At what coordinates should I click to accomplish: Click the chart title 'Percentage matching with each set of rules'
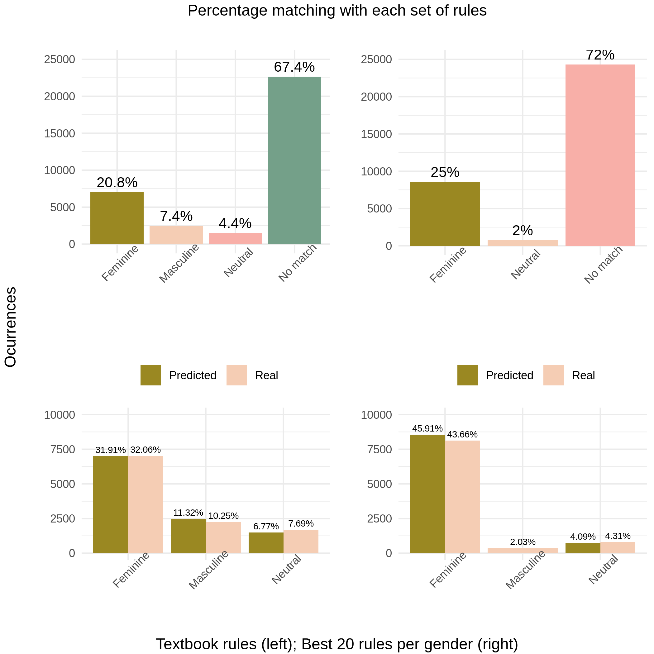(337, 11)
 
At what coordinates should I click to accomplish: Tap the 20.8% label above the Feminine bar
(117, 183)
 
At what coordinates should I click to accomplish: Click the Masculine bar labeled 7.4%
(176, 235)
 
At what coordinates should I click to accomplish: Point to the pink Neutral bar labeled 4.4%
(235, 238)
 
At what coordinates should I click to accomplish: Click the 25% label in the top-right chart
(445, 173)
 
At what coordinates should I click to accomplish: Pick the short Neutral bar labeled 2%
(522, 243)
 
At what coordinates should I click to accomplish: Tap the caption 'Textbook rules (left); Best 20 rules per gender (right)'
(337, 644)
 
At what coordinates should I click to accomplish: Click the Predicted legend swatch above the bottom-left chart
(150, 375)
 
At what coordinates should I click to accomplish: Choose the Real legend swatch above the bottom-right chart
(553, 375)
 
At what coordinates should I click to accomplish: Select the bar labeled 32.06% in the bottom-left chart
(146, 504)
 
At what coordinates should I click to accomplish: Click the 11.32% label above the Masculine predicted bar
(188, 513)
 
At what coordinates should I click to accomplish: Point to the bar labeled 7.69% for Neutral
(301, 541)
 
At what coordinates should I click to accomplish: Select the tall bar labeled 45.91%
(427, 494)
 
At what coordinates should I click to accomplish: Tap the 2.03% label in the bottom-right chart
(523, 542)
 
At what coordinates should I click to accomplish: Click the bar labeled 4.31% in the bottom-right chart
(618, 547)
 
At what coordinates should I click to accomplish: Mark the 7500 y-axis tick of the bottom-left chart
(63, 450)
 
